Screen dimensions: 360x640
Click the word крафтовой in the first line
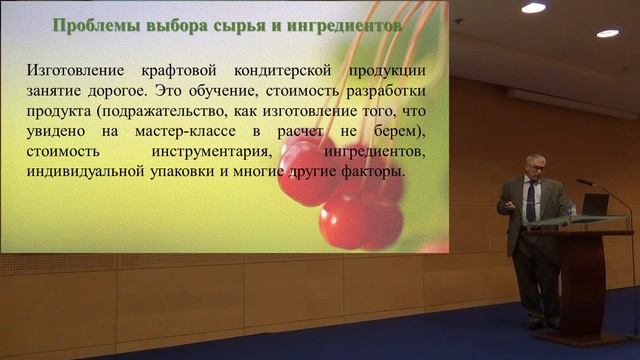pos(169,71)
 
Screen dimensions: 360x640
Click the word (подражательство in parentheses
pos(151,111)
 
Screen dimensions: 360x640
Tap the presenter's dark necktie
pos(531,202)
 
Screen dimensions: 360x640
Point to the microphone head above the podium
pos(581,183)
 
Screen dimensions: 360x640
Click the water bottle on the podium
pos(570,208)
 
